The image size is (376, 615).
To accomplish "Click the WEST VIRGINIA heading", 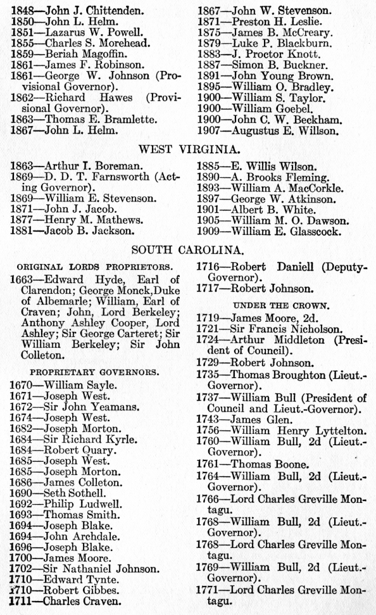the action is [x=188, y=149].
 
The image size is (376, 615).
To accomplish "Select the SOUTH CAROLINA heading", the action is [x=188, y=249].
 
